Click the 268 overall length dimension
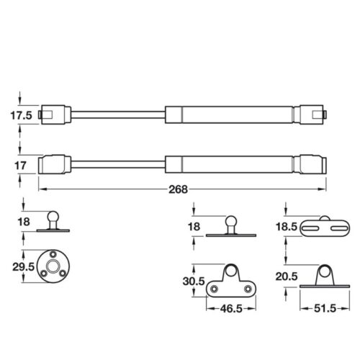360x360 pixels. tap(178, 189)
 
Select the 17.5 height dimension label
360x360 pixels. tap(21, 115)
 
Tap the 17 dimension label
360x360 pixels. tap(20, 166)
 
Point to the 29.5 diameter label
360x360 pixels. tap(24, 266)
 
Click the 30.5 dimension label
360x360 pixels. tap(194, 281)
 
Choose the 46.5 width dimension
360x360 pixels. tap(231, 309)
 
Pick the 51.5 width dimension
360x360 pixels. tap(325, 308)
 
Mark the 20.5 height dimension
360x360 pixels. tap(287, 276)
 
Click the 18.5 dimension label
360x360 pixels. tap(287, 227)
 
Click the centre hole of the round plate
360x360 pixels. tap(53, 266)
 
